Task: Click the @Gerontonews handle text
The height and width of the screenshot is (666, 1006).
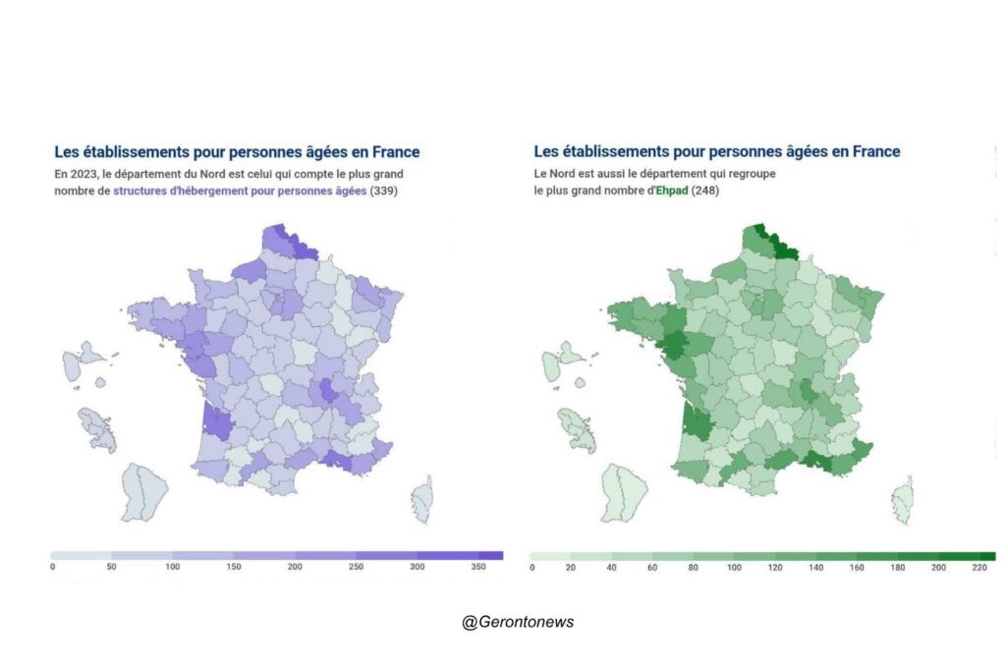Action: click(518, 622)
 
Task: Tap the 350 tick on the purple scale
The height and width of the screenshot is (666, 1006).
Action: click(478, 567)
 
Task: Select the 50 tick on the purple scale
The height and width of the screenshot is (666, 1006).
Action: click(112, 567)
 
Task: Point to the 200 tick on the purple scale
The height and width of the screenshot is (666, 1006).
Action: click(295, 567)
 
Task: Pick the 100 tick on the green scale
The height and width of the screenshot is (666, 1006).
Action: click(735, 567)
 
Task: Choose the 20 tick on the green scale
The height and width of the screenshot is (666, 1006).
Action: click(572, 567)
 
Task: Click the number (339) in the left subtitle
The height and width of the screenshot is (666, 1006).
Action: click(384, 191)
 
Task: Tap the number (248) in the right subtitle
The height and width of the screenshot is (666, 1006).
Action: click(705, 191)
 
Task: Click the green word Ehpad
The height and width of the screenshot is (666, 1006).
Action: click(673, 191)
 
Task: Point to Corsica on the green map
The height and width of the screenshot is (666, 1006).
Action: click(902, 500)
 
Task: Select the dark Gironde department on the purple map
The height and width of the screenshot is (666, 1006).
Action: click(216, 422)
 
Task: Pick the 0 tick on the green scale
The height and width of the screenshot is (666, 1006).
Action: click(531, 567)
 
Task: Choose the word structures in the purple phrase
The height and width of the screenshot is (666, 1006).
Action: click(141, 191)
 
